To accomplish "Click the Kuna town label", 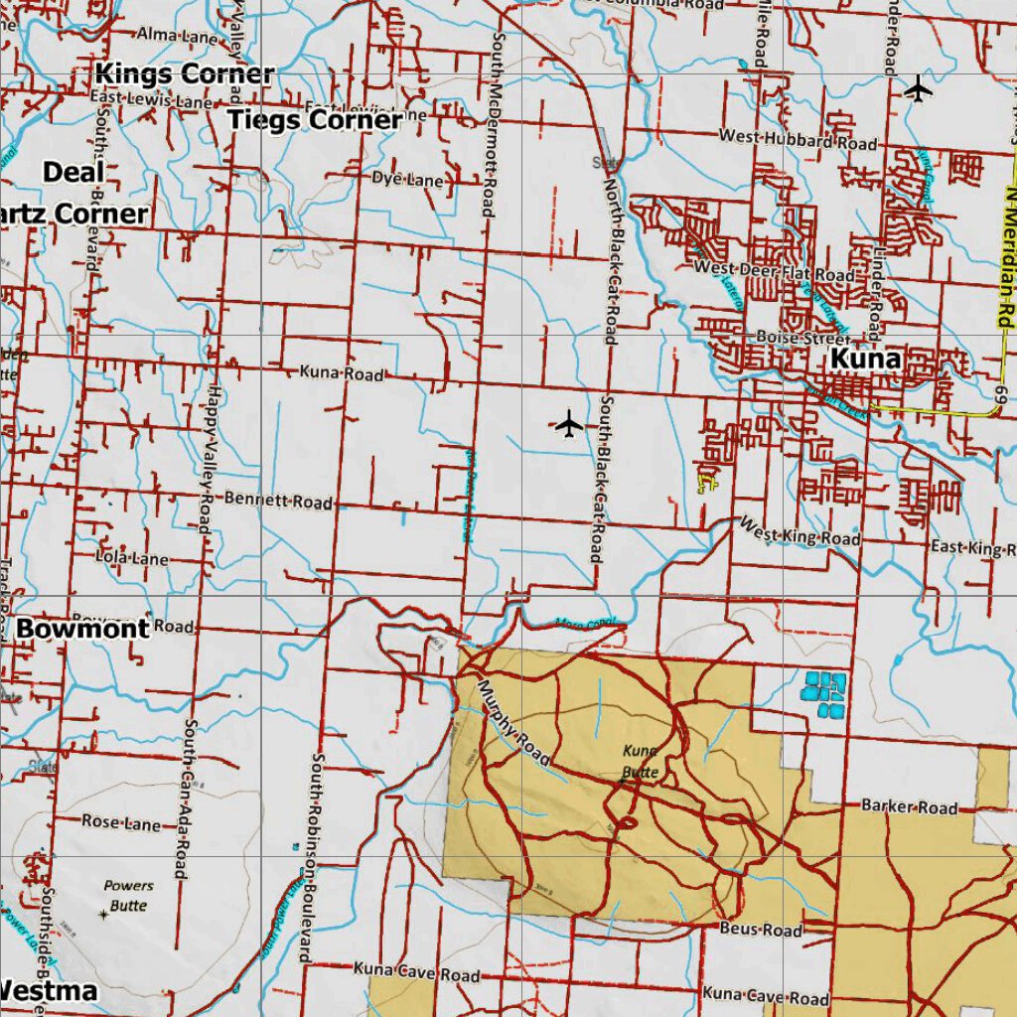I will (x=865, y=359).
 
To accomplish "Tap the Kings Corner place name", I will (x=185, y=74).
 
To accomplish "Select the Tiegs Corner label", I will (x=315, y=120).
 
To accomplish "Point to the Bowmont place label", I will (x=82, y=629).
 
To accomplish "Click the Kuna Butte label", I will (x=641, y=761).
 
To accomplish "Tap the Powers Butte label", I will (x=128, y=895).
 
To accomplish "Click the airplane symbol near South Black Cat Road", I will (x=568, y=424).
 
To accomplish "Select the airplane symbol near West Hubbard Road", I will (x=919, y=88).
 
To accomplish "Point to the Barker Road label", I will (x=909, y=806).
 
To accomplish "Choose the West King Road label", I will (x=799, y=531).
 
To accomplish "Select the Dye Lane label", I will (x=407, y=180).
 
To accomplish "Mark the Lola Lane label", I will (x=132, y=558).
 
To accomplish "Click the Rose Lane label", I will (x=120, y=822).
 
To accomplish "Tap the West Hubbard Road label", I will (x=799, y=139).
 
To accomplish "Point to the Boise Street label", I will (x=790, y=339).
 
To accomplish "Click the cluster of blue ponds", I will (x=825, y=693).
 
